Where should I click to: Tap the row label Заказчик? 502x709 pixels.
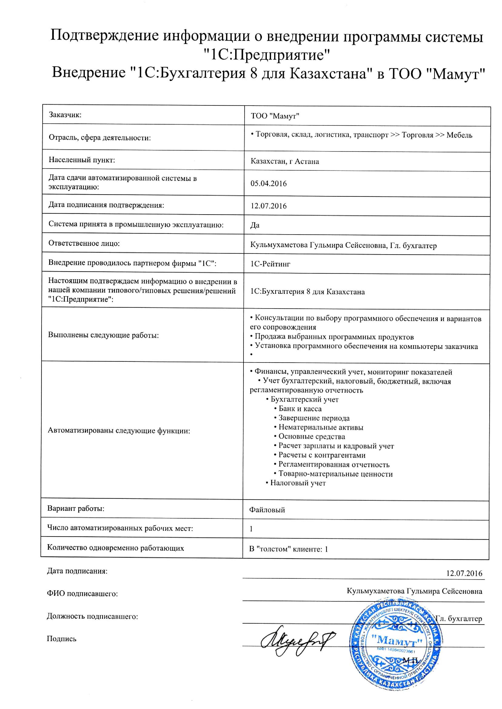65,115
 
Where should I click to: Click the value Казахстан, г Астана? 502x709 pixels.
284,161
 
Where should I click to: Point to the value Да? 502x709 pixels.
255,225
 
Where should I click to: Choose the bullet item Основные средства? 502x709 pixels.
312,437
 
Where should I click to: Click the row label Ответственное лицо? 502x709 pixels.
84,243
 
